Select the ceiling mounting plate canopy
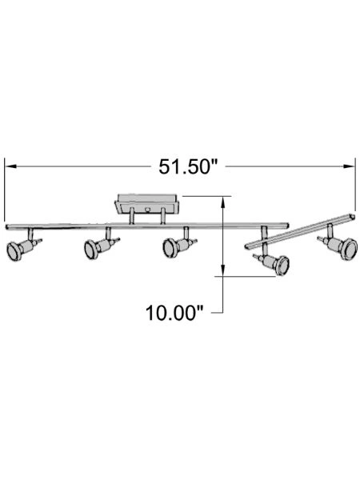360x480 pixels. tap(148, 201)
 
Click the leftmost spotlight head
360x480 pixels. tap(17, 250)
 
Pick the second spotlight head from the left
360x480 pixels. tap(94, 250)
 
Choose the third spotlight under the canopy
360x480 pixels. tap(171, 248)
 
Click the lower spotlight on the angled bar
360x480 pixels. tap(277, 264)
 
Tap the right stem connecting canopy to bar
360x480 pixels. tap(166, 217)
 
